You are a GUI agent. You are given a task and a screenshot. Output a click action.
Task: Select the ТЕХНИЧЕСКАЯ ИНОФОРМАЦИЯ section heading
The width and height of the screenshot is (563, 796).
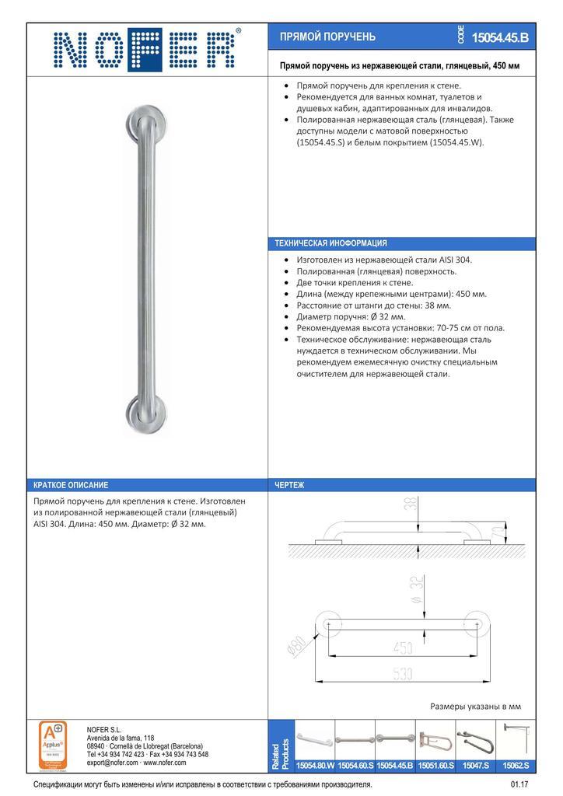(331, 243)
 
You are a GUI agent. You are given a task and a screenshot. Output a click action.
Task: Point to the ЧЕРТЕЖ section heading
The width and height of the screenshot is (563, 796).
(289, 485)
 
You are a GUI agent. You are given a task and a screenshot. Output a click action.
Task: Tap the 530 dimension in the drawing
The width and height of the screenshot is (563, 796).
(402, 675)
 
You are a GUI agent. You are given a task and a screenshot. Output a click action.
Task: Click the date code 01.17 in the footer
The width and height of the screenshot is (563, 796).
(519, 785)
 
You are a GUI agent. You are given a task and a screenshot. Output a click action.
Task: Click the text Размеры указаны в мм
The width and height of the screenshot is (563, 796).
(475, 707)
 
